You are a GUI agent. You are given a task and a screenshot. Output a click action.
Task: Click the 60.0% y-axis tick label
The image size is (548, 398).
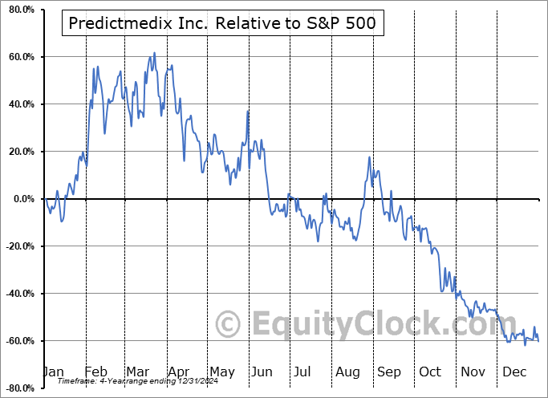[x=19, y=57]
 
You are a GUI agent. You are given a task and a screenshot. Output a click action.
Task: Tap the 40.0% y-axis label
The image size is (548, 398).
[x=19, y=104]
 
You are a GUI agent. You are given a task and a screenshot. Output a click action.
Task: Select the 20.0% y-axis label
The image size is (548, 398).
[x=19, y=152]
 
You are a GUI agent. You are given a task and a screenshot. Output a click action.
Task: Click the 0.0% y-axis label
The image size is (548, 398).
[x=22, y=199]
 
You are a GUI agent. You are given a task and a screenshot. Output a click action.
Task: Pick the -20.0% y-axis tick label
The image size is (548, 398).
[x=18, y=246]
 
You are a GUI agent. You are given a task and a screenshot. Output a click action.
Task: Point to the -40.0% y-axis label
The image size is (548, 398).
[x=18, y=294]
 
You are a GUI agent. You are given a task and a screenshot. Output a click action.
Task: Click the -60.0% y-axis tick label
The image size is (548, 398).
[x=18, y=341]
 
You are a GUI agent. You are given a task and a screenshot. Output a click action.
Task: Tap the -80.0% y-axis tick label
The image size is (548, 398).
[x=18, y=388]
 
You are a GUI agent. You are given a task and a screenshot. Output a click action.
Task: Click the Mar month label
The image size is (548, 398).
[x=137, y=372]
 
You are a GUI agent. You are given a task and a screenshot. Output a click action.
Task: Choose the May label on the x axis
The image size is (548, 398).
[x=221, y=372]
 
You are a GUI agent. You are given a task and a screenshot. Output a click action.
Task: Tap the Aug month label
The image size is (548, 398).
[x=348, y=372]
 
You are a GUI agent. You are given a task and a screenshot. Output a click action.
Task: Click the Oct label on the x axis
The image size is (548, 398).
[x=430, y=372]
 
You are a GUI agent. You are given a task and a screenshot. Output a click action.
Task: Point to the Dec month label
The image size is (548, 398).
[x=513, y=372]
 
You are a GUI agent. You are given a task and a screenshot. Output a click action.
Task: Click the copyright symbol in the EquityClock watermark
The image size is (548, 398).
[x=229, y=325]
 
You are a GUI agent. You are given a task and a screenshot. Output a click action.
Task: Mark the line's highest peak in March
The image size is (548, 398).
[x=154, y=54]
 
